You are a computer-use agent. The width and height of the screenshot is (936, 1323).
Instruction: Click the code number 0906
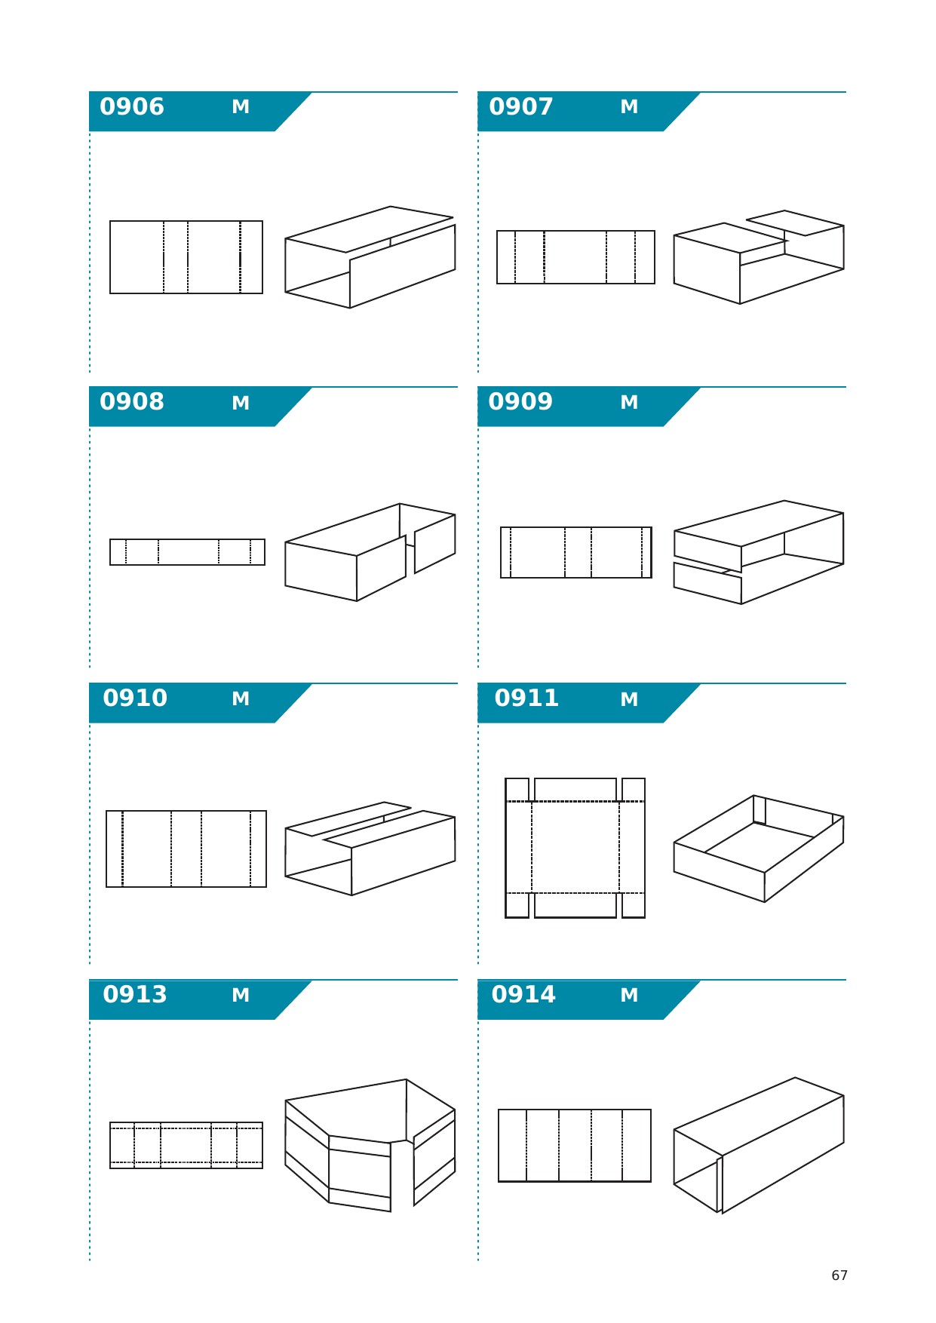tap(132, 107)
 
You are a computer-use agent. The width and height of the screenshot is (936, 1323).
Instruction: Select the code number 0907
tap(521, 107)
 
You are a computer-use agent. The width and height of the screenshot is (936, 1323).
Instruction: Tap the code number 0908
tap(132, 402)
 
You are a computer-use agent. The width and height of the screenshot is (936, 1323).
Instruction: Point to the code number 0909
tap(520, 402)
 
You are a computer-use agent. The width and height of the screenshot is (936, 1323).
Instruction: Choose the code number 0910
tap(135, 698)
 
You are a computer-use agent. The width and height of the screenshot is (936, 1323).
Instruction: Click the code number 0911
tap(526, 698)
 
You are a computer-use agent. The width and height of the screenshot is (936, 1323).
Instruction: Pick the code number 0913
tap(135, 995)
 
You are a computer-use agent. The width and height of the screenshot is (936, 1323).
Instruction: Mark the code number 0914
tap(523, 995)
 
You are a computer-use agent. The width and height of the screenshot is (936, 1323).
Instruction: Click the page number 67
tap(839, 1275)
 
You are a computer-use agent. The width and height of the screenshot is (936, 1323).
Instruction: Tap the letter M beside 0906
tap(241, 107)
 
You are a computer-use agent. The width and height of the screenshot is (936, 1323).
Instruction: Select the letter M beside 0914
tap(629, 996)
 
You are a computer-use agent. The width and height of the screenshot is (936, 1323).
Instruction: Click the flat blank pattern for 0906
tap(186, 257)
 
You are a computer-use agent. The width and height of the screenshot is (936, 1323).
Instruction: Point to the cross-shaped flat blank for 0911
tap(575, 848)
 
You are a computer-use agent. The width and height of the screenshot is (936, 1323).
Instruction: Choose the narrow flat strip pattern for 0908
tap(187, 552)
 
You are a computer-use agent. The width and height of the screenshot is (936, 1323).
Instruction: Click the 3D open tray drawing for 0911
tap(759, 849)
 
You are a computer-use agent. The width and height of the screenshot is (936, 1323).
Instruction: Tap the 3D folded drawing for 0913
tap(370, 1145)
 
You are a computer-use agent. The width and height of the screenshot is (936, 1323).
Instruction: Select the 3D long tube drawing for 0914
tap(759, 1145)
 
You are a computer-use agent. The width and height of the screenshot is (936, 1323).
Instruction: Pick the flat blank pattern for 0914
tap(575, 1146)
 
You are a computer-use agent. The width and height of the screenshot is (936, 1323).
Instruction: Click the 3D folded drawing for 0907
tap(759, 257)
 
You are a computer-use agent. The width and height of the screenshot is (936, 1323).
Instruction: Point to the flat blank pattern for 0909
tap(576, 553)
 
